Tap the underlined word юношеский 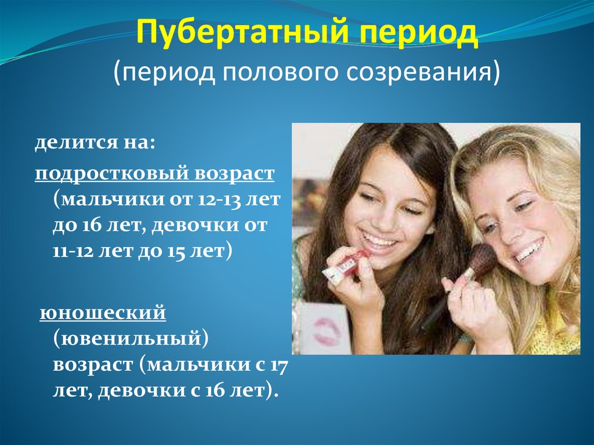tap(103, 313)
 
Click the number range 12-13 tap(219, 200)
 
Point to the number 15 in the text tap(176, 251)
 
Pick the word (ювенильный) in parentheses tap(131, 339)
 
